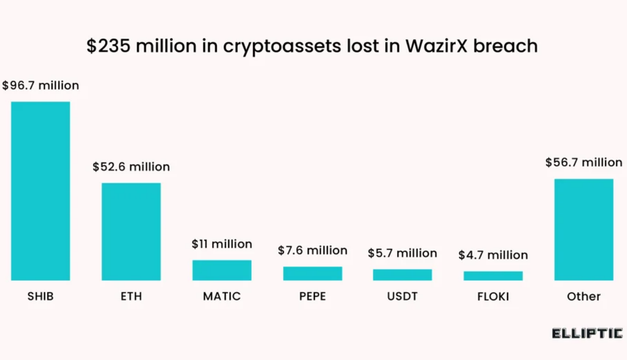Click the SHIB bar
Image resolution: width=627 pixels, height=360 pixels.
(40, 191)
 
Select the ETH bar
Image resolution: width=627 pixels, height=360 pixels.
(131, 231)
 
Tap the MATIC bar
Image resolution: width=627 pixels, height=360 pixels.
(222, 270)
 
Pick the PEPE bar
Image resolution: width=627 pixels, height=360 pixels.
(312, 273)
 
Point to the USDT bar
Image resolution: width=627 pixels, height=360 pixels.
(402, 274)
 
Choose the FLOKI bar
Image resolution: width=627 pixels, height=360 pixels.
(493, 276)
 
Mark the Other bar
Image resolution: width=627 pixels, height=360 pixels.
(583, 229)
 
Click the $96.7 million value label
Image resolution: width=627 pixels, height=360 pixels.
(40, 86)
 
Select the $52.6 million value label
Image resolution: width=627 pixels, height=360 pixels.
(131, 167)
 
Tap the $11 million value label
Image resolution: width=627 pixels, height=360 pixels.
(222, 244)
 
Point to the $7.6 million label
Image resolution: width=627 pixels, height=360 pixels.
(312, 250)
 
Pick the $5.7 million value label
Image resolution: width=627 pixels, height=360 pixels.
(402, 253)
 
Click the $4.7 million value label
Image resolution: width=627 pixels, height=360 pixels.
(493, 255)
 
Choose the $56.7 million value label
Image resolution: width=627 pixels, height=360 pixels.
(583, 163)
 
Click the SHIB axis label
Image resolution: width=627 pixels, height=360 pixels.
(40, 296)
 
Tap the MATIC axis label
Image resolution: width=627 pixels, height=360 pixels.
(222, 296)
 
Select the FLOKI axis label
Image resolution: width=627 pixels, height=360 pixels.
(493, 296)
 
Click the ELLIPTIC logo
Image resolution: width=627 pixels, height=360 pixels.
(587, 333)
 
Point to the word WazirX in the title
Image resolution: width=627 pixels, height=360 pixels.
(439, 46)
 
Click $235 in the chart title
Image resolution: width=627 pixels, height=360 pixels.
(108, 46)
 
